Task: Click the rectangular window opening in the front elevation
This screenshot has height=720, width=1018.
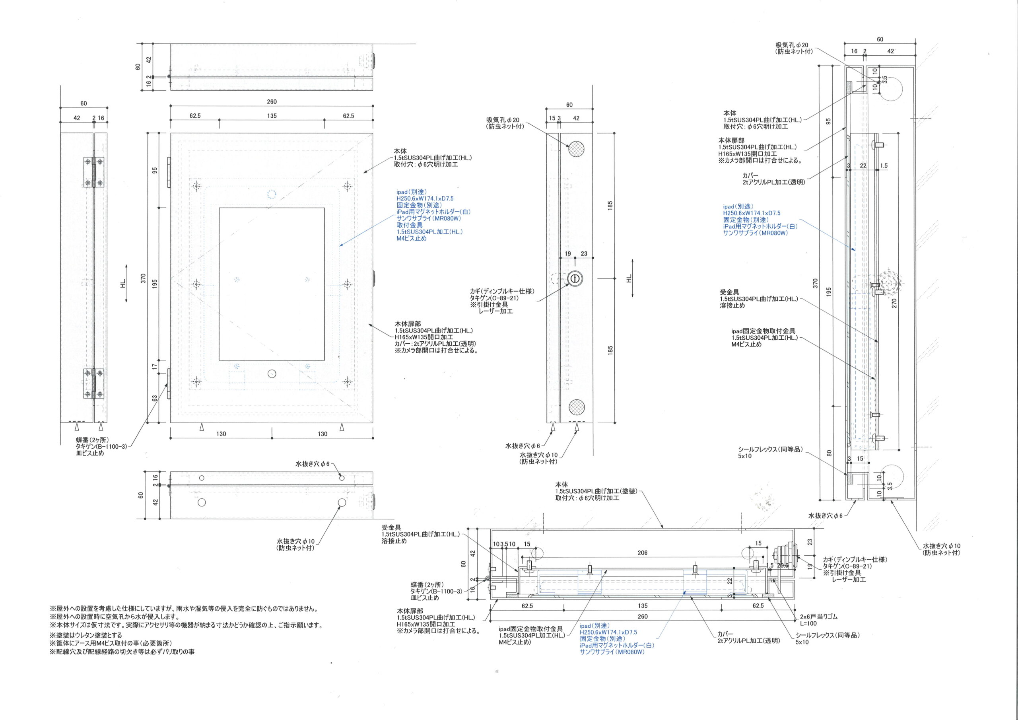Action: tap(271, 284)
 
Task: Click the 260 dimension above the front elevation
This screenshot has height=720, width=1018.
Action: tap(271, 101)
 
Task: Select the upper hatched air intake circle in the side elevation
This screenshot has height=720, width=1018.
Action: tap(576, 148)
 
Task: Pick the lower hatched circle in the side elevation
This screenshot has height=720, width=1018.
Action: tap(576, 405)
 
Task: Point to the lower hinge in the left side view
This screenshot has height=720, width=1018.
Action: tap(94, 384)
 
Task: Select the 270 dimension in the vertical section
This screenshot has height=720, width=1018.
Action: tap(894, 303)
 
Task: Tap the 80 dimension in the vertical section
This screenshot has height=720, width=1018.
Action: tap(829, 453)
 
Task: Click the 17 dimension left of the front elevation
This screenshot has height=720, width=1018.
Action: tap(154, 366)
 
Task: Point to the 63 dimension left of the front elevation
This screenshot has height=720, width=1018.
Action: tap(154, 398)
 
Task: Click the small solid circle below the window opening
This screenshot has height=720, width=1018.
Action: tap(272, 374)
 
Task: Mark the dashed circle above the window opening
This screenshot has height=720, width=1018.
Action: tap(272, 194)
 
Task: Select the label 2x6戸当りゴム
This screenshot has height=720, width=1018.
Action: tap(818, 617)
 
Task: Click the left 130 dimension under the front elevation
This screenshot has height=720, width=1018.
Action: tap(221, 434)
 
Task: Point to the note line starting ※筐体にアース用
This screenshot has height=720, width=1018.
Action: tap(111, 643)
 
